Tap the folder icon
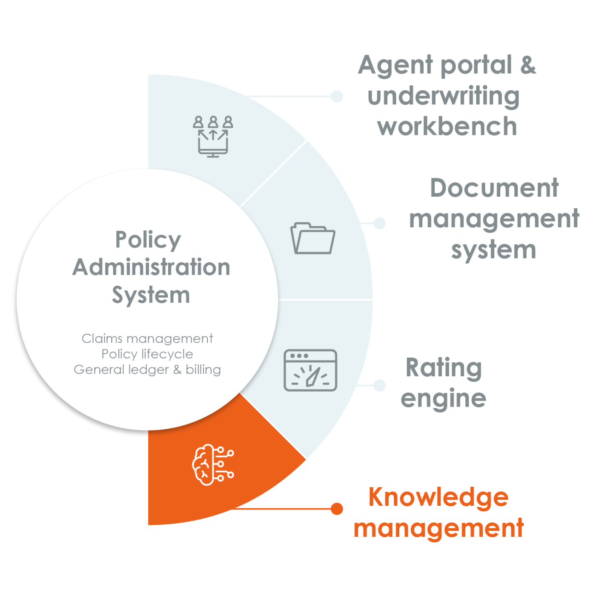(313, 238)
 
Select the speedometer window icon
(310, 370)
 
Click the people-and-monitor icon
(213, 136)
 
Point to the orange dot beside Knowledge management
(337, 508)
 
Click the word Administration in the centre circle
(151, 267)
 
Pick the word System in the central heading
(151, 295)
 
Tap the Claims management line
(147, 338)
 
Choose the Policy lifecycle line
(147, 354)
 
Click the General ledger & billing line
(147, 370)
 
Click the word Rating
(444, 368)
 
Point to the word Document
(494, 188)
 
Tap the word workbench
(447, 126)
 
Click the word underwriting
(444, 96)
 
